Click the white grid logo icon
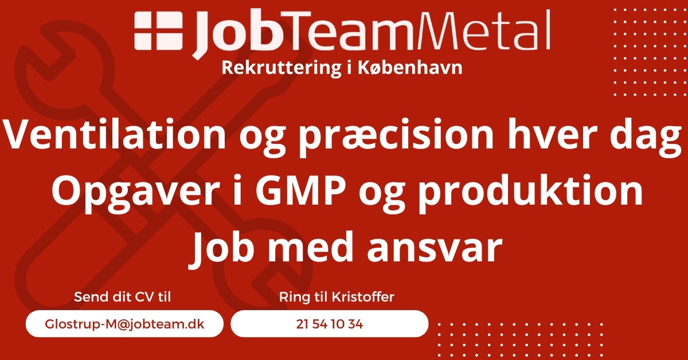point(159,31)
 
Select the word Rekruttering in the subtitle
point(282,68)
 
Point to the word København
point(410,68)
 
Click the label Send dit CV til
point(122,297)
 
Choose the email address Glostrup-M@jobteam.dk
point(124,324)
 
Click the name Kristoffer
point(363,297)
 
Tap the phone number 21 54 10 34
point(329,324)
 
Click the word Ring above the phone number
point(294,298)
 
